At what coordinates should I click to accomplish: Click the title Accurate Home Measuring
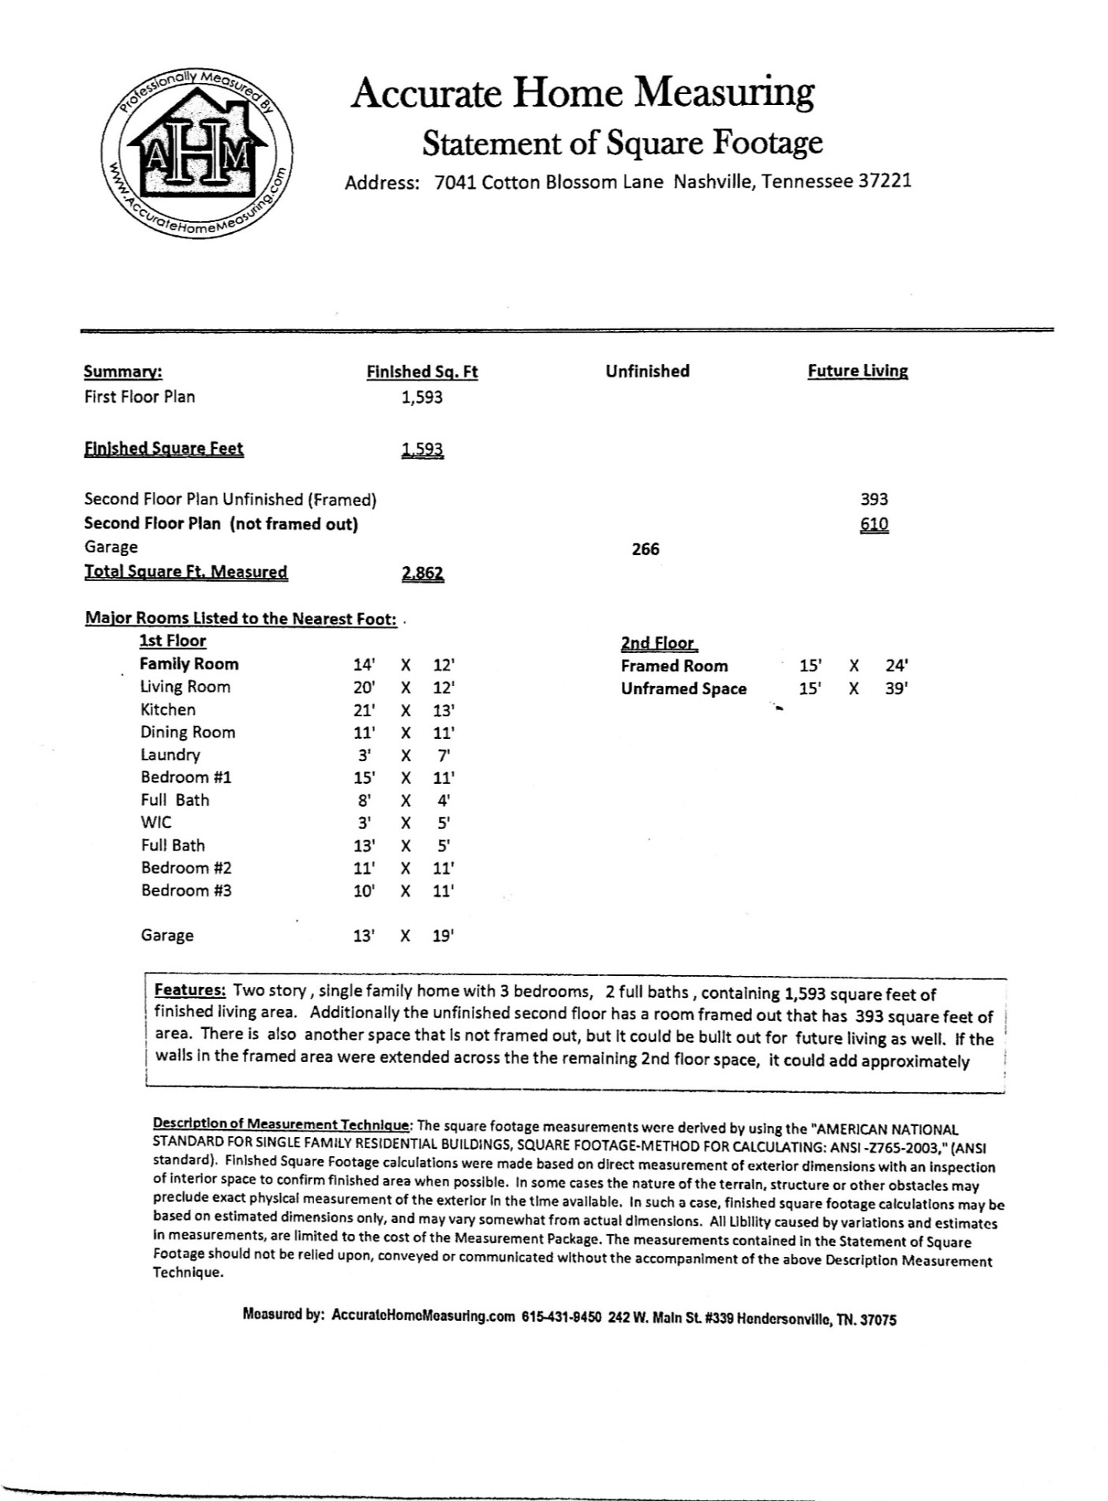[582, 93]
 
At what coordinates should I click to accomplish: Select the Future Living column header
[857, 371]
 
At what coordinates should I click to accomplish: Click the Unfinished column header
[647, 371]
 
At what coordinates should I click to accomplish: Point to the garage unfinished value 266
[646, 550]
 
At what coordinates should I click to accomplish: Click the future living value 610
[874, 524]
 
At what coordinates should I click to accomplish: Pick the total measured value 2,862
[422, 573]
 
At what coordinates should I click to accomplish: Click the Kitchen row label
[168, 710]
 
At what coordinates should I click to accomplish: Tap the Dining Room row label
[188, 732]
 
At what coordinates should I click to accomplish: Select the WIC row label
[155, 822]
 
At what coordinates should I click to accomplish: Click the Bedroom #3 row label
[186, 891]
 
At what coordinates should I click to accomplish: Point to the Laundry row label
[170, 755]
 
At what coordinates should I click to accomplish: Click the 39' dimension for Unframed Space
[896, 689]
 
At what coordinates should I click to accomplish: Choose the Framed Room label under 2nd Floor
[674, 666]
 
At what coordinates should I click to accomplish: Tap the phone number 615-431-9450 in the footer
[561, 1318]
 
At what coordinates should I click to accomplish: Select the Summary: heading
[123, 372]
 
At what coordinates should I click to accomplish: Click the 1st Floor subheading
[173, 641]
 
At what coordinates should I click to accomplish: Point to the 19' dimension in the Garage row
[444, 936]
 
